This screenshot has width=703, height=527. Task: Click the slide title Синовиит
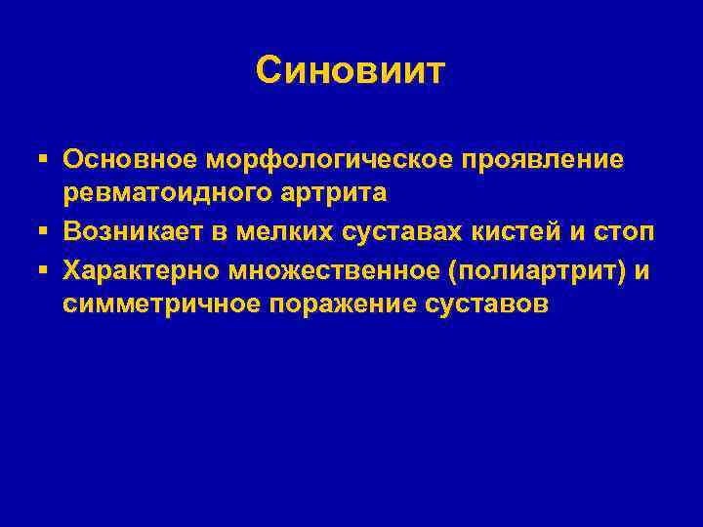(351, 70)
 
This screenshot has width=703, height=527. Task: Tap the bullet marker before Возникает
(45, 233)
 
